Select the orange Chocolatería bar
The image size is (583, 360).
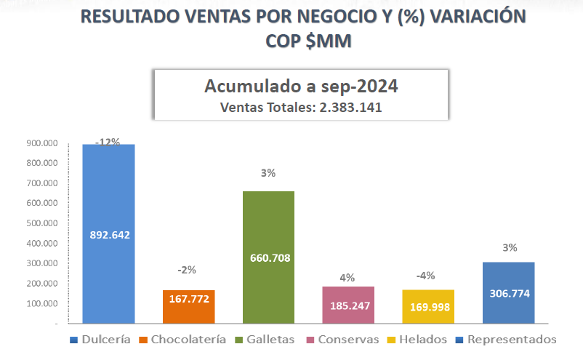click(188, 305)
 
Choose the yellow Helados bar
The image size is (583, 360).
click(428, 305)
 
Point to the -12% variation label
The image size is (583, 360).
click(108, 141)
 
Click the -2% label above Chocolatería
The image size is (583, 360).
click(188, 270)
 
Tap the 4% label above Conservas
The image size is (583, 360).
click(347, 277)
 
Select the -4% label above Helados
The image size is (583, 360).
click(428, 276)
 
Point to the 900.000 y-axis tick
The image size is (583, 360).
click(41, 144)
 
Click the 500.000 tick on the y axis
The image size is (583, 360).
click(41, 223)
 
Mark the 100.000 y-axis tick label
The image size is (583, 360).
click(41, 303)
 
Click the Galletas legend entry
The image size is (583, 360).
click(267, 340)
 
